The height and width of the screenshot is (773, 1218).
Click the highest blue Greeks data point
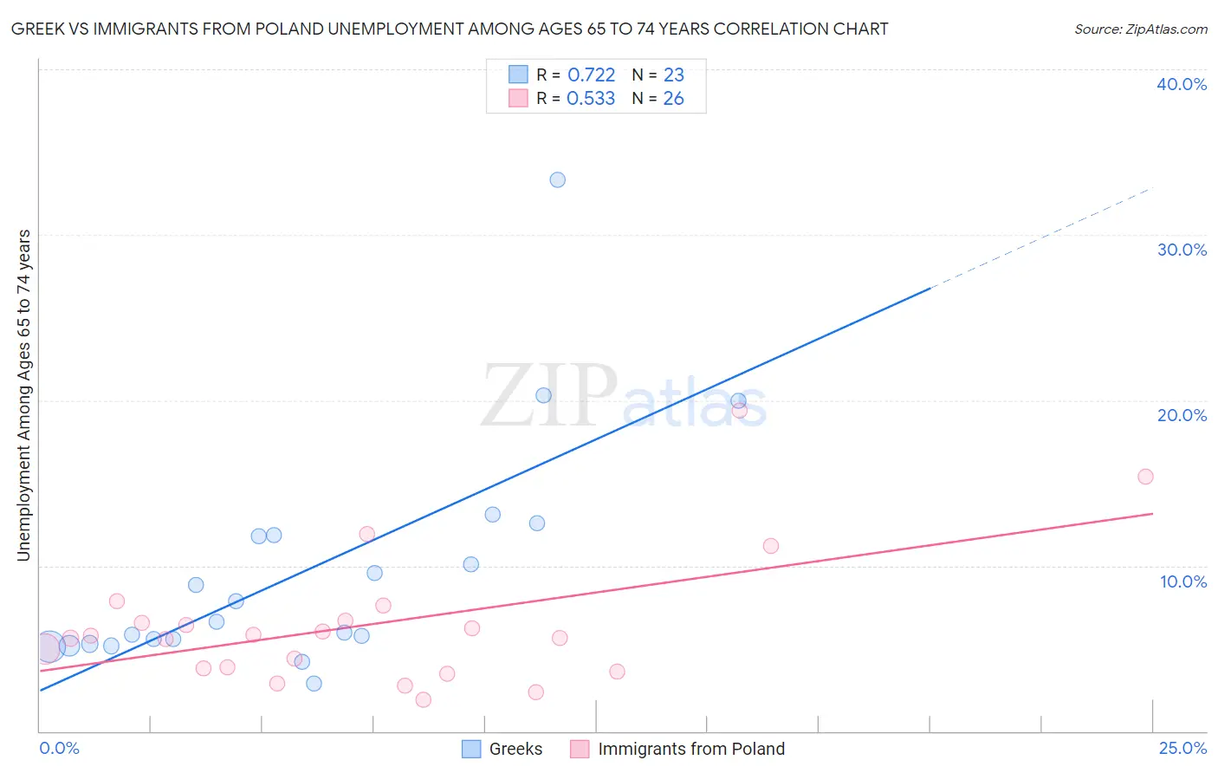[557, 180]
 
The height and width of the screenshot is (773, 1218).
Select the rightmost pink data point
[1145, 477]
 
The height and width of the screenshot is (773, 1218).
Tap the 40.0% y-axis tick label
[1182, 84]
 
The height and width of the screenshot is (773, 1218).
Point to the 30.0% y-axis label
[1182, 250]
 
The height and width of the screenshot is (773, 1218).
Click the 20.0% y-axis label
[1182, 415]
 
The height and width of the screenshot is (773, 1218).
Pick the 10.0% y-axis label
[1183, 581]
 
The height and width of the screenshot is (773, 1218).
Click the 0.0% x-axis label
[59, 749]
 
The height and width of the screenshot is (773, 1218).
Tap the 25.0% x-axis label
[1182, 749]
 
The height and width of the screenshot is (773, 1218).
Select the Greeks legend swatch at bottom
[471, 749]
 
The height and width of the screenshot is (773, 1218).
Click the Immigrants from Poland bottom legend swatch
[580, 749]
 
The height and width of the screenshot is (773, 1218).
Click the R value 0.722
[591, 75]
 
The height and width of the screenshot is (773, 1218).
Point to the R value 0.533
[591, 99]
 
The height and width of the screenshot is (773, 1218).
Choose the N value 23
[673, 75]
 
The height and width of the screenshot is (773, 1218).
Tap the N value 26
[673, 99]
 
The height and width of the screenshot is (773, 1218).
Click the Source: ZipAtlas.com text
[1140, 29]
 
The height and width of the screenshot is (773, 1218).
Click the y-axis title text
[24, 395]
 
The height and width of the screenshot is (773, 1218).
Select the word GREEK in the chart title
[36, 29]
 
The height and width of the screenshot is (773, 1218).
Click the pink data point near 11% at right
[770, 546]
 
